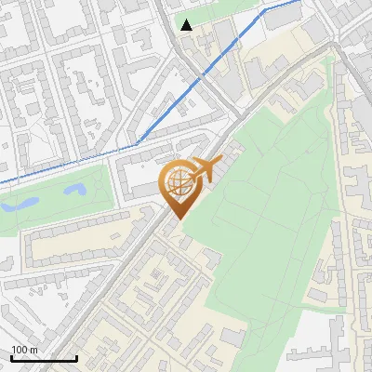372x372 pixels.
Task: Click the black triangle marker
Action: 187,25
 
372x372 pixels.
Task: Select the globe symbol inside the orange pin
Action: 176,181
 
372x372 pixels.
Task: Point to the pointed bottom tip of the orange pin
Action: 176,218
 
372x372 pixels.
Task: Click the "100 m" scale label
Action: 24,350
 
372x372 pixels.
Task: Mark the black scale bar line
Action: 43,358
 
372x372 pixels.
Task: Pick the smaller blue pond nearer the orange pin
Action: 74,190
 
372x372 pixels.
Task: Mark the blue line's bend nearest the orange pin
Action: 139,142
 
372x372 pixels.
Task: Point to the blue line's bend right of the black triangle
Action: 264,10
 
